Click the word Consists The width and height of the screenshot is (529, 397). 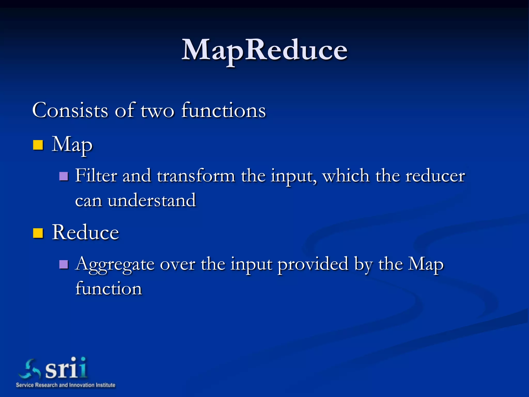(x=70, y=110)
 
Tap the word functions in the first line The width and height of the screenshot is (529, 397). (x=223, y=110)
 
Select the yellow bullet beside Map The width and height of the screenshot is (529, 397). (x=38, y=145)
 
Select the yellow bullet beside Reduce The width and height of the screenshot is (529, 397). (x=38, y=233)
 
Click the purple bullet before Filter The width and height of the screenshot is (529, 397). (x=64, y=176)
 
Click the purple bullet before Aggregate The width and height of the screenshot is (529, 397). (x=64, y=264)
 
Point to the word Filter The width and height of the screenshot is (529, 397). (x=96, y=176)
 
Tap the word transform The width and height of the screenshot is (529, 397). (x=196, y=176)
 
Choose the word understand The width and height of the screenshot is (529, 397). (x=152, y=200)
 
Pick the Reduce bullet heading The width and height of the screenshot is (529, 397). (x=85, y=232)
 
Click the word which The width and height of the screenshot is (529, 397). (x=346, y=176)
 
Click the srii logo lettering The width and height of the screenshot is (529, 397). (x=66, y=368)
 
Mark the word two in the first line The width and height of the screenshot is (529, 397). (x=157, y=111)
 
